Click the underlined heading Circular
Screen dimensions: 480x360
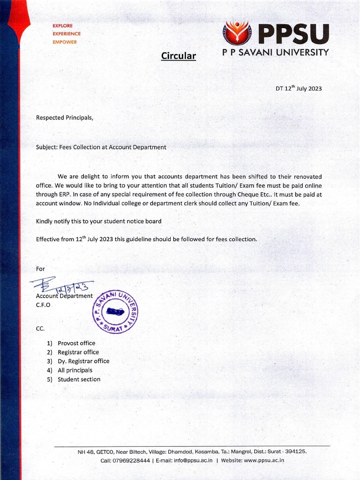pyautogui.click(x=178, y=56)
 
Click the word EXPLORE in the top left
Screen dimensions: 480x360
pyautogui.click(x=62, y=26)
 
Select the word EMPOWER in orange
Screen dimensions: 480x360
pyautogui.click(x=65, y=42)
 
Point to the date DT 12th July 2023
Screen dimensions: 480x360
pyautogui.click(x=298, y=89)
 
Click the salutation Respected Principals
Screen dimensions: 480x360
pyautogui.click(x=65, y=118)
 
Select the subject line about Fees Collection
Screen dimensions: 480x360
pyautogui.click(x=101, y=147)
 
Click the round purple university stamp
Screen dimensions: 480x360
pyautogui.click(x=115, y=311)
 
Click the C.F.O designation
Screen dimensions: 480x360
pyautogui.click(x=43, y=305)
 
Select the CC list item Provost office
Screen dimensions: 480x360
pyautogui.click(x=76, y=343)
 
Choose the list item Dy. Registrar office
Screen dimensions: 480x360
pyautogui.click(x=83, y=361)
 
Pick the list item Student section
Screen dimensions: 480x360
pyautogui.click(x=79, y=379)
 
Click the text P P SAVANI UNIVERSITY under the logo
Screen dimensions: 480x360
pyautogui.click(x=275, y=52)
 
